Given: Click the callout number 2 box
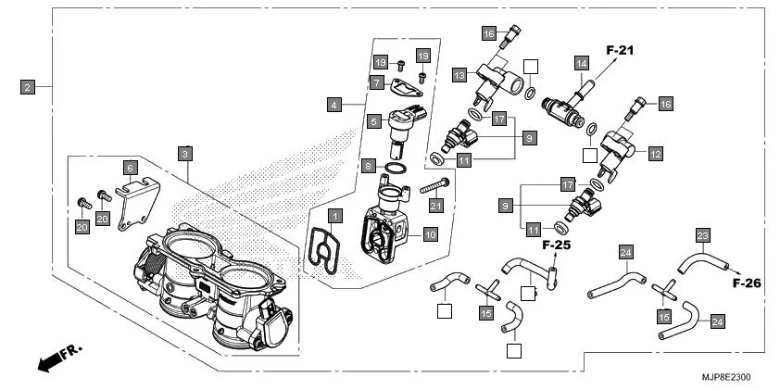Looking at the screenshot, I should coord(28,87).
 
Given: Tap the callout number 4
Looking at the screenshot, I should coord(333,106).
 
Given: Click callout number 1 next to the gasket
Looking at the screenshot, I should coord(334,215).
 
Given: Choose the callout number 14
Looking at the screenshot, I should coord(582,64).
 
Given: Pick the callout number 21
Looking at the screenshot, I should coord(436,205).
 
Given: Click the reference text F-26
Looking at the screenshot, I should coord(747,283).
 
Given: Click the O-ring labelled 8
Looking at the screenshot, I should coord(396,168).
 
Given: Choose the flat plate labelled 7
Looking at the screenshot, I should coord(405,89).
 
